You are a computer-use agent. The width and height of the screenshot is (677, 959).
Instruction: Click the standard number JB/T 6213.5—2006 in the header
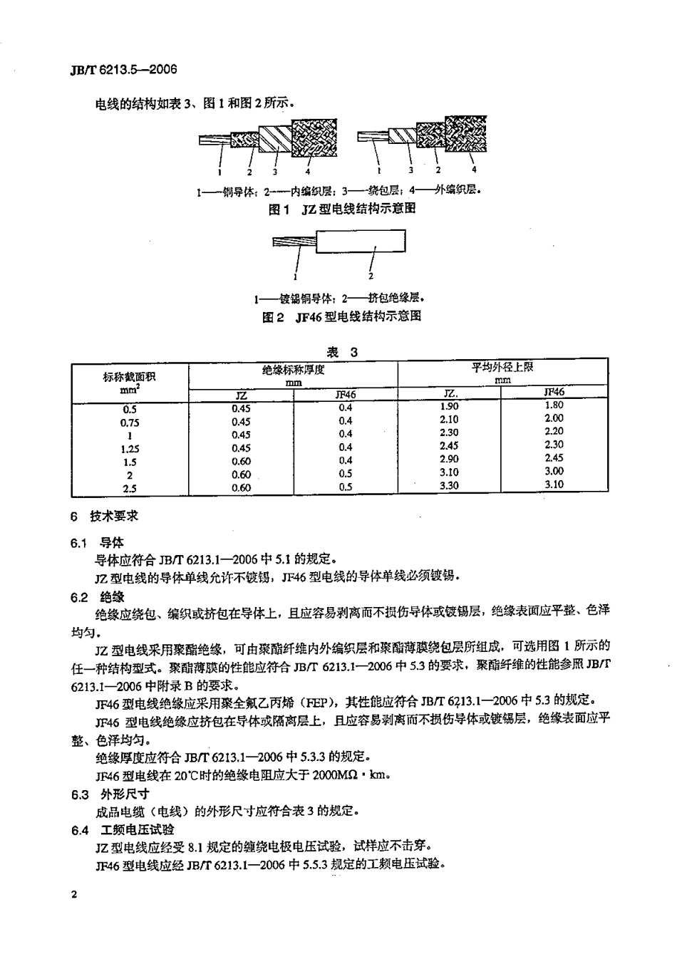[x=114, y=70]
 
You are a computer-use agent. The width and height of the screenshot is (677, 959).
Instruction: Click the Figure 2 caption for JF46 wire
[x=341, y=316]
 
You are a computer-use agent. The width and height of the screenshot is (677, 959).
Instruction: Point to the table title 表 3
[x=341, y=352]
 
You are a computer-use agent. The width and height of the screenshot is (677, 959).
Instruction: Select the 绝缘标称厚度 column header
[x=294, y=369]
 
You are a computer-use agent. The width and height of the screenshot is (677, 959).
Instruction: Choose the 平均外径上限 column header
[x=502, y=368]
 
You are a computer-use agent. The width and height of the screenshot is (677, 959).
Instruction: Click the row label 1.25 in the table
[x=130, y=449]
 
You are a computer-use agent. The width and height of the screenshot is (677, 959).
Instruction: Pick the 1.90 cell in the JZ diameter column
[x=450, y=406]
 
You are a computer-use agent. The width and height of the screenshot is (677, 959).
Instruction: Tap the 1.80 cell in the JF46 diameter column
[x=554, y=405]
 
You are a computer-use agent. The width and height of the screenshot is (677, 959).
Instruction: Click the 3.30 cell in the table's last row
[x=450, y=485]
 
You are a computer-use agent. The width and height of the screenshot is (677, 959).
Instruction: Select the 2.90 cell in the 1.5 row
[x=450, y=459]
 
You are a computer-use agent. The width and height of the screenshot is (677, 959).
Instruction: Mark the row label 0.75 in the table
[x=130, y=422]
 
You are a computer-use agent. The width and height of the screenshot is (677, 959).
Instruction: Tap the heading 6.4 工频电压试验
[x=123, y=830]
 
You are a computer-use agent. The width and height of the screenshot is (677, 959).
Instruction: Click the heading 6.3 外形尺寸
[x=110, y=794]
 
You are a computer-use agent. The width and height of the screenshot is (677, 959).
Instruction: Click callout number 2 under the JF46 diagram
[x=371, y=276]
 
